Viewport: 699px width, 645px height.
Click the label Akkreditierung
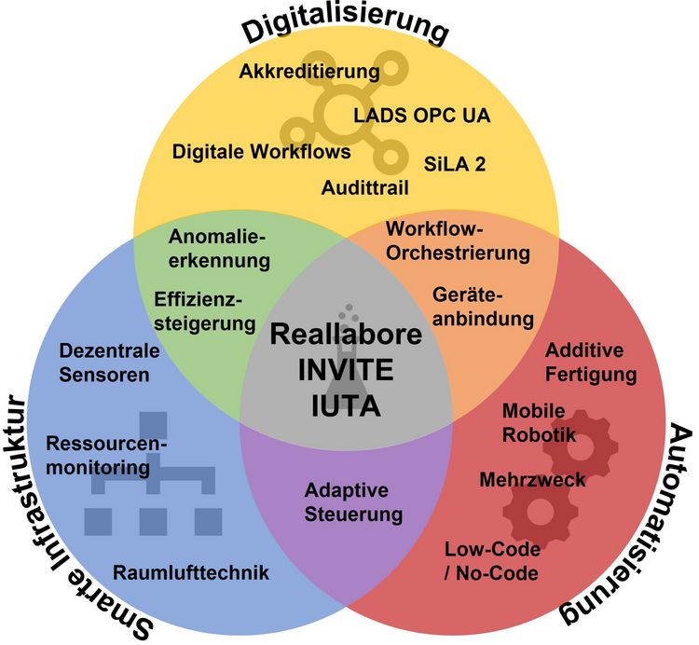pyautogui.click(x=309, y=71)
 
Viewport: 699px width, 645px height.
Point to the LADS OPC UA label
pyautogui.click(x=422, y=116)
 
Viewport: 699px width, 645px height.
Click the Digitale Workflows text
pyautogui.click(x=262, y=151)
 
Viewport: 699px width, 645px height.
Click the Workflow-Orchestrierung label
pyautogui.click(x=459, y=240)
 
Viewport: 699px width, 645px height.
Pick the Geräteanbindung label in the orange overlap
pyautogui.click(x=484, y=306)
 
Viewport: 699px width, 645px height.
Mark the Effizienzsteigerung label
pyautogui.click(x=205, y=312)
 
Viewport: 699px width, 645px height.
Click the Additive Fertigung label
pyautogui.click(x=591, y=364)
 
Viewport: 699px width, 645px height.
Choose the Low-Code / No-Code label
pyautogui.click(x=491, y=561)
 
